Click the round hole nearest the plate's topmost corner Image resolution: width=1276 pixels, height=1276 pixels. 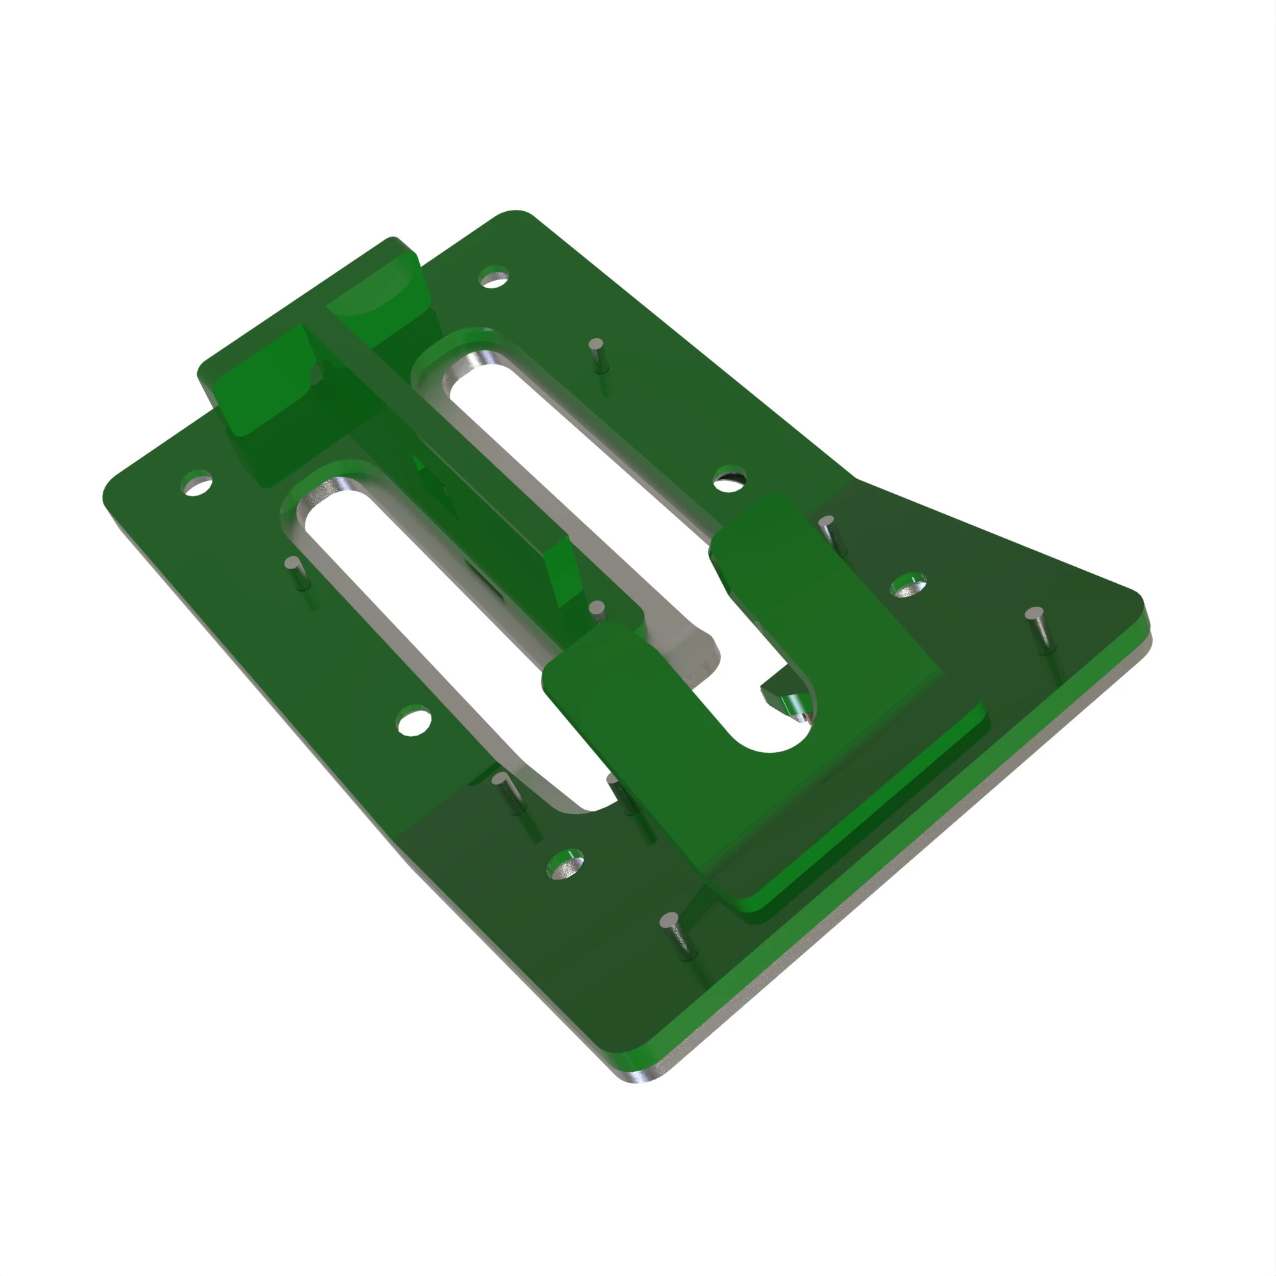point(493,278)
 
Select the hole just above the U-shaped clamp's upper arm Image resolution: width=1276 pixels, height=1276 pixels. point(729,480)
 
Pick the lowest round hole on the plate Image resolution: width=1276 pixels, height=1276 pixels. point(565,864)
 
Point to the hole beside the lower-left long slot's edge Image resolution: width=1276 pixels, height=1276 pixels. point(414,722)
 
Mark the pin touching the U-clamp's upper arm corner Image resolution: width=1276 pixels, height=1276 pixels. point(829,532)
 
